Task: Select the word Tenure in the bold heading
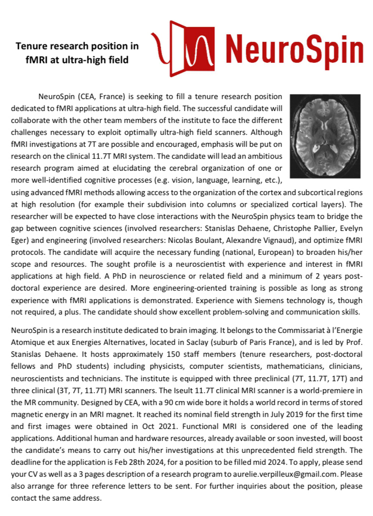[x=32, y=46]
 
